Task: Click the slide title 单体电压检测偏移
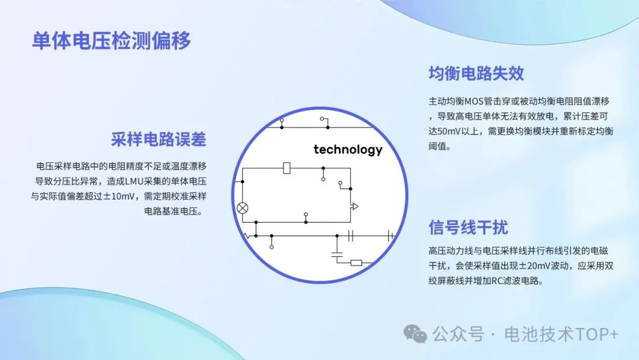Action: [111, 41]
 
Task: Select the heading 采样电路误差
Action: [159, 139]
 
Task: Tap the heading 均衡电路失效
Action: [476, 73]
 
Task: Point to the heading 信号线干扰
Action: [468, 227]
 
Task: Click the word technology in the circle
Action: [348, 150]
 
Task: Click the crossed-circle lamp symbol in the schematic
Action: [243, 208]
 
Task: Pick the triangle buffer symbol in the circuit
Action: [354, 206]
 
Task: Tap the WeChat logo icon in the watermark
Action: [415, 335]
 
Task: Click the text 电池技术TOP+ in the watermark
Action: [561, 335]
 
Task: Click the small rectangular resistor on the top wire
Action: [287, 168]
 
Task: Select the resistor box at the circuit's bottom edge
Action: [356, 263]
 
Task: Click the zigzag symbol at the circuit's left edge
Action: [247, 236]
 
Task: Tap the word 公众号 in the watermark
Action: [458, 335]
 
